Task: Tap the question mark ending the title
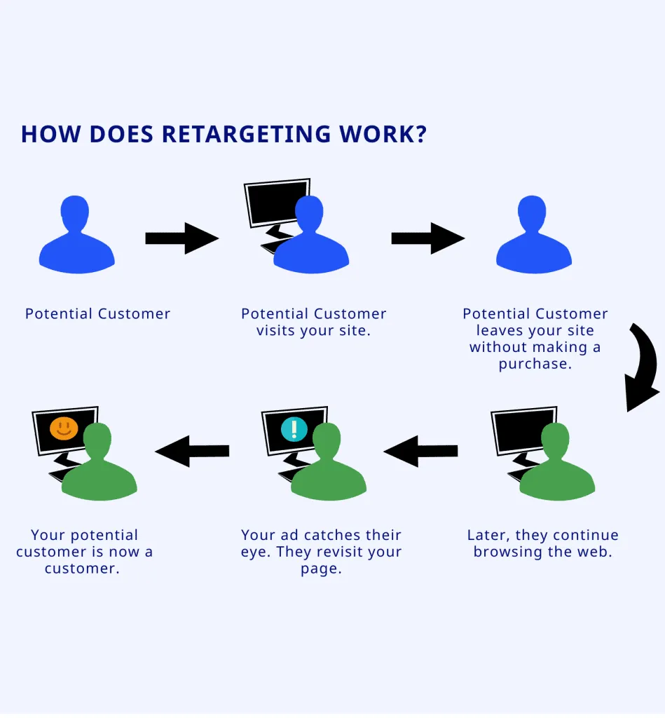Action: [x=420, y=134]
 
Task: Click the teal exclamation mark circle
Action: [x=293, y=428]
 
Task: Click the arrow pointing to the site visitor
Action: [x=181, y=238]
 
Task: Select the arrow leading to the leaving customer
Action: [x=427, y=238]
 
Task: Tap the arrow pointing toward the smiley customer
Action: [x=192, y=451]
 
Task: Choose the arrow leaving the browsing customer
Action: [x=421, y=451]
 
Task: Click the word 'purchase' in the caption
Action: [x=535, y=364]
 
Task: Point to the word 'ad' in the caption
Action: [x=292, y=535]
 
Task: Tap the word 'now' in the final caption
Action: [x=125, y=552]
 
